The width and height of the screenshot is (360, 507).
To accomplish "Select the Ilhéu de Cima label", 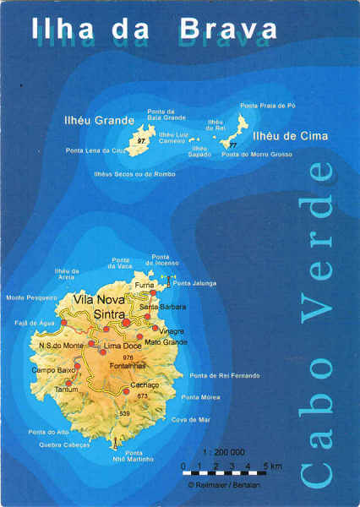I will [291, 135].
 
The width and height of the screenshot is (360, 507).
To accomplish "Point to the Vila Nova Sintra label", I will [98, 307].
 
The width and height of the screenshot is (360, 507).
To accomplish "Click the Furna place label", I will [145, 286].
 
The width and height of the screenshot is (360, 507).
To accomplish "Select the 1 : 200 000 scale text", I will [223, 452].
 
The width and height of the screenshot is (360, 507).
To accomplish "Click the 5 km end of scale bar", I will [271, 466].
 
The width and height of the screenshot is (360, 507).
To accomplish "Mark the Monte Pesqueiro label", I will [27, 297].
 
